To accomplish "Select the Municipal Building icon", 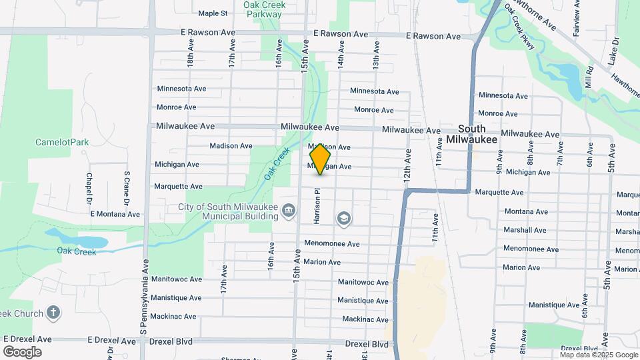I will pos(288,211).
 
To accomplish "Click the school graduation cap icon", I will pos(343,218).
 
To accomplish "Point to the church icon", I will pos(55,313).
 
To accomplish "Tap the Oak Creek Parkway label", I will pos(264,9).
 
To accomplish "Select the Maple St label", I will pos(213,13).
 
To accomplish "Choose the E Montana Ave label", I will pos(115,214).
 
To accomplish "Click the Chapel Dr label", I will pos(89,189).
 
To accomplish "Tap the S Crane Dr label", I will pos(126,187).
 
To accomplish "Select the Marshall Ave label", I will pos(525,230).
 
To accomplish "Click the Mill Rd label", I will pos(589,79).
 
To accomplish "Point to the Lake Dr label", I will pos(614,51).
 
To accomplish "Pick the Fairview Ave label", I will pos(577,22).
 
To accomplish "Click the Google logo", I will pos(22,352).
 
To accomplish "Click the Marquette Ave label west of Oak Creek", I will pos(178,187).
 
